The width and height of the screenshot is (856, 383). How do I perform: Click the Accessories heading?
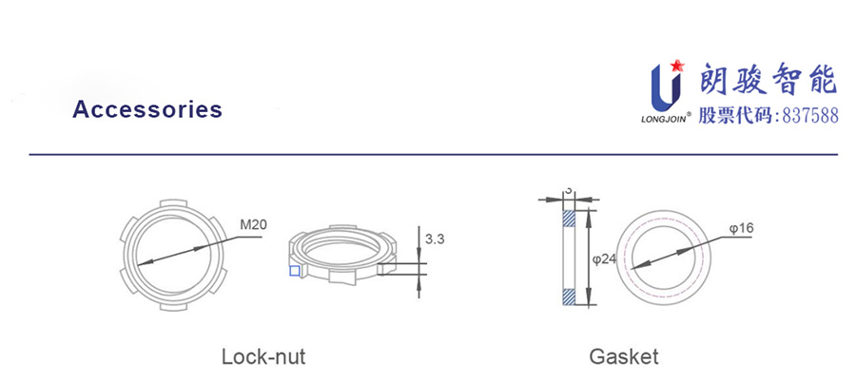tap(147, 109)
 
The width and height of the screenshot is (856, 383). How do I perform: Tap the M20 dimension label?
tap(252, 225)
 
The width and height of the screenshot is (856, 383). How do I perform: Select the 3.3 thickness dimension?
tap(435, 239)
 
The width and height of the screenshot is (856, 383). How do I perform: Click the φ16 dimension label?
tap(741, 229)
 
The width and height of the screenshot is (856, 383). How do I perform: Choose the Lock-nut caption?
tap(263, 357)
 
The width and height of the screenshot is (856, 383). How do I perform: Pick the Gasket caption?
tap(623, 357)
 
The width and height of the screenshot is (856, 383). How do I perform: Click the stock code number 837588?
tap(809, 116)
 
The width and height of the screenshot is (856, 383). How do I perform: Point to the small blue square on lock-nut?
tap(294, 272)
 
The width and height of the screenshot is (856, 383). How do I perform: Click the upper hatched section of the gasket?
tap(569, 217)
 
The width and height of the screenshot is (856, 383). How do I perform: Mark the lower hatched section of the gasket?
tap(569, 297)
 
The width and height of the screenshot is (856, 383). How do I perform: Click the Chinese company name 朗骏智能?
tap(767, 81)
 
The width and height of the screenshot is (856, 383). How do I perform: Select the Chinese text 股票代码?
tap(736, 116)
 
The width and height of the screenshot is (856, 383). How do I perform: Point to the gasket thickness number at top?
tap(569, 190)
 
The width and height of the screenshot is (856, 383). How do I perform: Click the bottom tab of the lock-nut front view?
tap(172, 309)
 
